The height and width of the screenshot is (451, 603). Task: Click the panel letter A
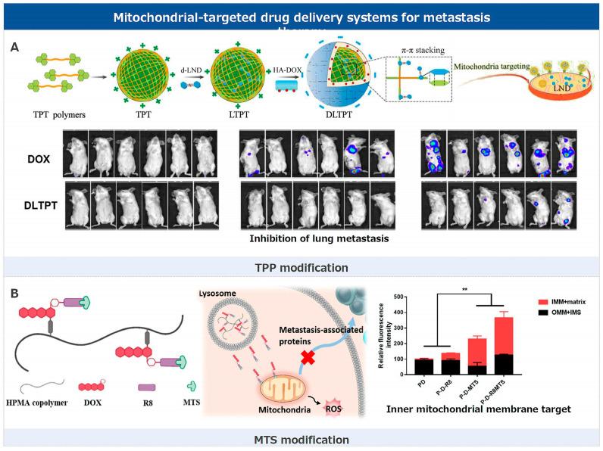15,47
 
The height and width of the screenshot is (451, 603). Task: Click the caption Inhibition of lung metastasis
319,239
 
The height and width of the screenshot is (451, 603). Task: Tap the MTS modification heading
301,439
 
